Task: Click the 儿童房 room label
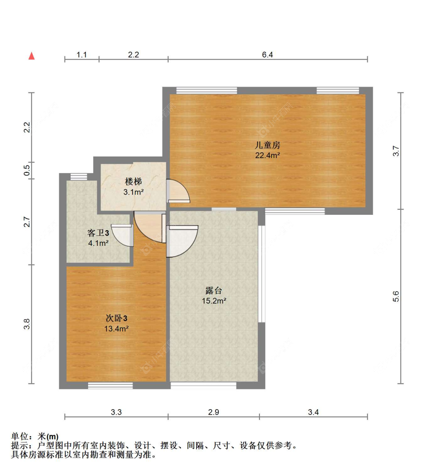click(x=267, y=145)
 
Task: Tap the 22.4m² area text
click(x=267, y=155)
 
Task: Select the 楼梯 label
click(x=133, y=181)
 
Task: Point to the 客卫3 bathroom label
click(x=98, y=233)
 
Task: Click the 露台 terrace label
click(x=214, y=290)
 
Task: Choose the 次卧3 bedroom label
click(x=116, y=318)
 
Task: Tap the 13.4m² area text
click(x=116, y=329)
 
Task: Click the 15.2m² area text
click(x=214, y=301)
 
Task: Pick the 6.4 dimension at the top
click(x=267, y=54)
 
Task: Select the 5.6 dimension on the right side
click(x=396, y=296)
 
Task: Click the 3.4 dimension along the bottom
click(x=313, y=412)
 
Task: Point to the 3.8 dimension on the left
click(x=26, y=324)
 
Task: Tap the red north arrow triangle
click(x=32, y=56)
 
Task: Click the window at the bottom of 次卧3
click(x=110, y=385)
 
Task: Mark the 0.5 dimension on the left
click(x=26, y=170)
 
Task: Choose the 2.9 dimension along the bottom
click(x=214, y=412)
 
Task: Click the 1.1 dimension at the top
click(x=81, y=54)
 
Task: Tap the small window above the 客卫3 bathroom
click(x=79, y=176)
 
